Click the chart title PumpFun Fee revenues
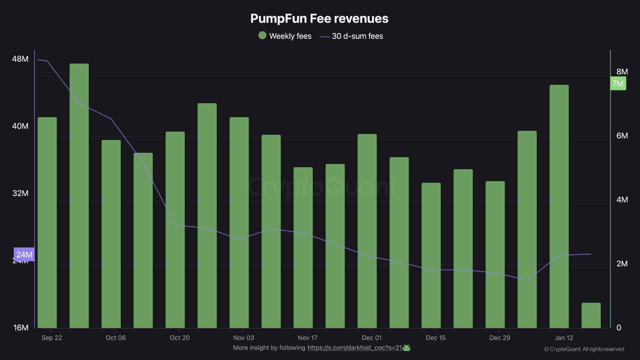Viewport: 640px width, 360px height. pyautogui.click(x=319, y=18)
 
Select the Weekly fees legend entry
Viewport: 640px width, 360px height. pyautogui.click(x=285, y=36)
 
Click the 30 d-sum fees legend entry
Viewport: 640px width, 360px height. pyautogui.click(x=351, y=36)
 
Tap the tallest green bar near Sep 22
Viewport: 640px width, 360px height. pyautogui.click(x=79, y=195)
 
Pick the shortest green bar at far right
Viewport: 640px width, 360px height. pyautogui.click(x=591, y=315)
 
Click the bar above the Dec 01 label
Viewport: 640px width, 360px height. pyautogui.click(x=367, y=230)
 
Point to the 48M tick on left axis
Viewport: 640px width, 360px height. pyautogui.click(x=20, y=59)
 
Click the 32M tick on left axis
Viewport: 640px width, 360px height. pyautogui.click(x=20, y=193)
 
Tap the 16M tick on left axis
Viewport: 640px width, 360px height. pyautogui.click(x=20, y=327)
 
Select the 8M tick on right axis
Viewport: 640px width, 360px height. pyautogui.click(x=621, y=72)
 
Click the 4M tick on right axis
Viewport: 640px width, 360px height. pyautogui.click(x=621, y=200)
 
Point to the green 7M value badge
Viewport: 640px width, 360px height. pyautogui.click(x=618, y=83)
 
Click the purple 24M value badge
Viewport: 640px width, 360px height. pyautogui.click(x=24, y=254)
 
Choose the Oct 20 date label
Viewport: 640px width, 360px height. pyautogui.click(x=179, y=338)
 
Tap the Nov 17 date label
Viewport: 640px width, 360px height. pyautogui.click(x=307, y=338)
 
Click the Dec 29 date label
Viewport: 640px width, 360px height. pyautogui.click(x=499, y=338)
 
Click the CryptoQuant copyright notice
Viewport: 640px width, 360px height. pyautogui.click(x=583, y=349)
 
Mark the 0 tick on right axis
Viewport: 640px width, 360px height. pyautogui.click(x=618, y=328)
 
